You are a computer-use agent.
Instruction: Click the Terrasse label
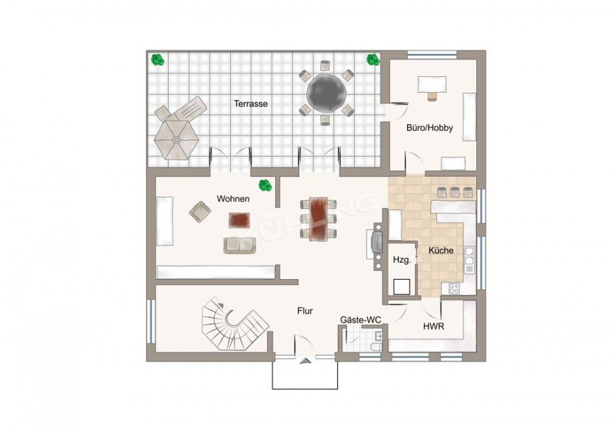(x=251, y=103)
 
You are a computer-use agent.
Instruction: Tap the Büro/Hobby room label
(x=430, y=128)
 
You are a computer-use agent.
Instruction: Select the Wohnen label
(x=233, y=199)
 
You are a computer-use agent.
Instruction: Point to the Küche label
(x=441, y=250)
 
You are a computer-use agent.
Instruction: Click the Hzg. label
(x=402, y=259)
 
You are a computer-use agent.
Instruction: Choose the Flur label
(x=305, y=311)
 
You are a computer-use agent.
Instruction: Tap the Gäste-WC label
(x=360, y=320)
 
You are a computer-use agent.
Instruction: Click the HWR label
(x=434, y=326)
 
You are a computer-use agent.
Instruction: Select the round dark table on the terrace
(x=326, y=93)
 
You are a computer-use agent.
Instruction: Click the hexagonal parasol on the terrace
(x=176, y=139)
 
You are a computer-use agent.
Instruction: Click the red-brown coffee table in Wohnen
(x=239, y=220)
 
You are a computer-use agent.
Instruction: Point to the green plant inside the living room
(x=265, y=185)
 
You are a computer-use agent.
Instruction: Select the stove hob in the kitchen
(x=454, y=288)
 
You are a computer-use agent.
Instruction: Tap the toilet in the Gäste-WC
(x=375, y=347)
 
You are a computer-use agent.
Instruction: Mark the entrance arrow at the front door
(x=304, y=361)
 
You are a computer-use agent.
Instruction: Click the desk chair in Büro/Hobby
(x=432, y=96)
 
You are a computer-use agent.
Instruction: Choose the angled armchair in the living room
(x=200, y=212)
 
